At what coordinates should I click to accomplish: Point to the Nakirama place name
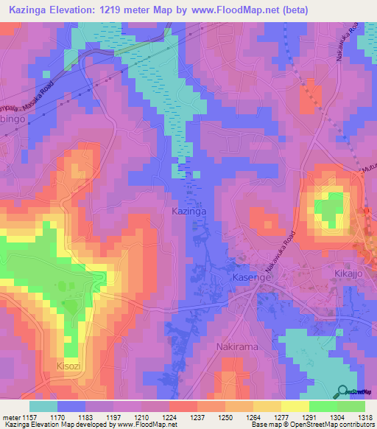click(x=238, y=346)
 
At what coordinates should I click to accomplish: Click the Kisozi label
click(x=73, y=364)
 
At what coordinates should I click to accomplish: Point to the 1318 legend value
click(x=364, y=417)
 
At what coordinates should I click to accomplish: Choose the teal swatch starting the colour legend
click(x=43, y=406)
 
